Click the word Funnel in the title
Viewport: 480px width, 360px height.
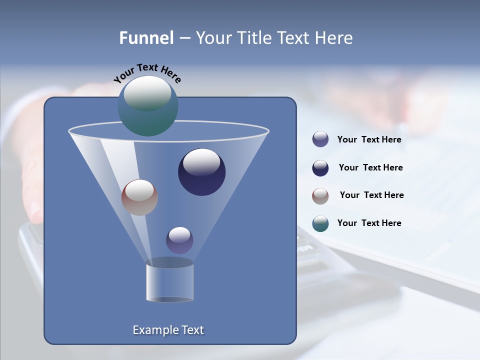[146, 38]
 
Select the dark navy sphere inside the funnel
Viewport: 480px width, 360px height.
[202, 172]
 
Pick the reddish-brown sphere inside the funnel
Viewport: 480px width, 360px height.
[139, 197]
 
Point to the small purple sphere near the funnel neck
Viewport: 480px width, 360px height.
[179, 240]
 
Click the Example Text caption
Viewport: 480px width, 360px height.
[168, 330]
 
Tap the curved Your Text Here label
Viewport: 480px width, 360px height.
[147, 73]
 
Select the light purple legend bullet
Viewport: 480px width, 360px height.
[320, 139]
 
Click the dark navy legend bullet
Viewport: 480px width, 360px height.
[320, 168]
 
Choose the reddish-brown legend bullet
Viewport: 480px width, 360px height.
[320, 195]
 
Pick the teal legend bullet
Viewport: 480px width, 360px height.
[320, 223]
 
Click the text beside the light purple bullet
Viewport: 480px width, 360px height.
[369, 140]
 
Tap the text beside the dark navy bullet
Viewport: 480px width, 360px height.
[370, 168]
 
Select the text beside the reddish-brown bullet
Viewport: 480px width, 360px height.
[371, 195]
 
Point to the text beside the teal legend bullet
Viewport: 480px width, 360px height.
[369, 223]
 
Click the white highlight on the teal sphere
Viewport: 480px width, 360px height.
[147, 92]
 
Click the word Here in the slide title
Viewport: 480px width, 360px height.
[334, 38]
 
